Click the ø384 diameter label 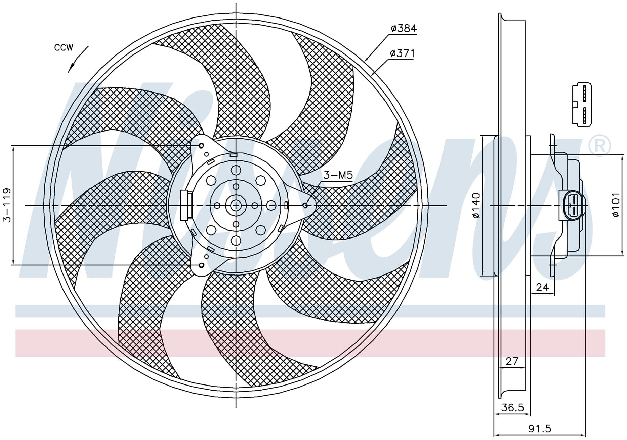pos(404,29)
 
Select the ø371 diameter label pos(402,53)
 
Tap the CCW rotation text pos(64,48)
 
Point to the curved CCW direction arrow pos(78,59)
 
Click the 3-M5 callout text pos(338,175)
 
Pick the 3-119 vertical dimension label pos(7,205)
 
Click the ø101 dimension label pos(615,205)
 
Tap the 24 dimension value pos(542,287)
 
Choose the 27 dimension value pos(512,361)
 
